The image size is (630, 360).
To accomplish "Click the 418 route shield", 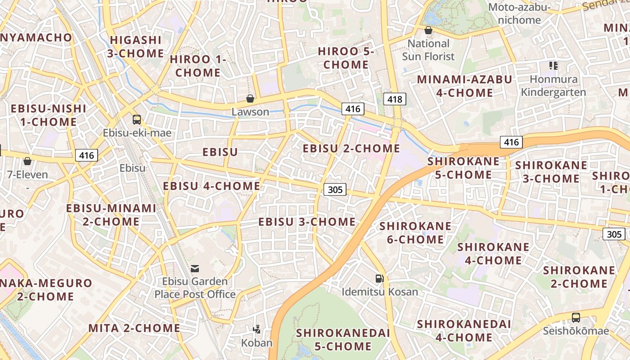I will [395, 99].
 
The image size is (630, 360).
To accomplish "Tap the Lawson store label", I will [250, 112].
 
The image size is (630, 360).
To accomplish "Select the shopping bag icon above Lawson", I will [250, 99].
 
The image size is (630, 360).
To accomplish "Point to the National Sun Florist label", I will [428, 50].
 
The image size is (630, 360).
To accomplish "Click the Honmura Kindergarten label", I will [553, 86].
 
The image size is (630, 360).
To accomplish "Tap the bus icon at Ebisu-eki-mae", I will [137, 120].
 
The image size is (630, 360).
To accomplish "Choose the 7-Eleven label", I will [27, 175].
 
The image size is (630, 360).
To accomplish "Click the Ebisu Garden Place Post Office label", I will [195, 288].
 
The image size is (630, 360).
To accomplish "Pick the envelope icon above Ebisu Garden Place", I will [195, 269].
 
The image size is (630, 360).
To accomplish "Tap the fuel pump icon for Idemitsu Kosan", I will [380, 279].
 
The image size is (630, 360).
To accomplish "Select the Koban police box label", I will [257, 343].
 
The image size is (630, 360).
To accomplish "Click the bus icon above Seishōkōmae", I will [576, 318].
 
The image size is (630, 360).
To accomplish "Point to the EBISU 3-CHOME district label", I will [307, 222].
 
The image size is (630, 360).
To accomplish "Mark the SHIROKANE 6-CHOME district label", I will [415, 233].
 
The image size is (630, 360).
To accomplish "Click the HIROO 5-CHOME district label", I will [346, 58].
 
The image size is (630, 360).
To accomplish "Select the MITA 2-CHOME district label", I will [134, 328].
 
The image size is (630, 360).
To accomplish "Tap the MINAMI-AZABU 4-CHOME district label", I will [464, 86].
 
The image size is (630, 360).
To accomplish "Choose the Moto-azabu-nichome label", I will [520, 13].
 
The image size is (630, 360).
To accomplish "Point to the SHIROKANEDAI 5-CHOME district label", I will [343, 340].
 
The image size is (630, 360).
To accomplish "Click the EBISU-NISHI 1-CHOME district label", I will [48, 115].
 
